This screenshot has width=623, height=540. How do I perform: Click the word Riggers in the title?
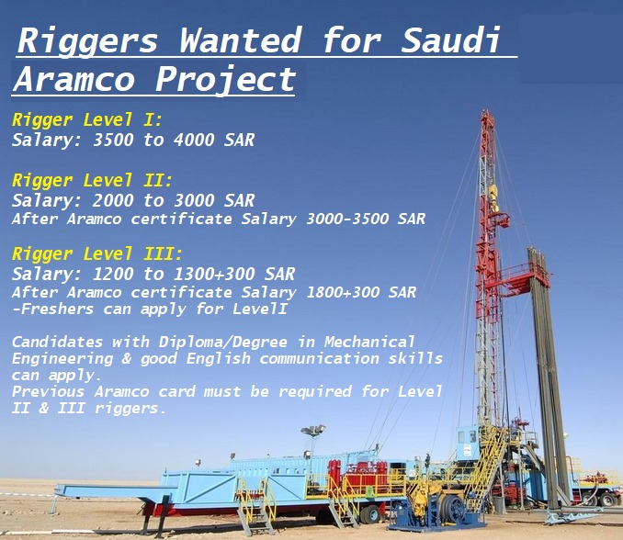coord(88,39)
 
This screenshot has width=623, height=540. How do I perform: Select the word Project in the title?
coord(225,79)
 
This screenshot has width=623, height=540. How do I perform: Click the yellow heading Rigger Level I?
coord(87,120)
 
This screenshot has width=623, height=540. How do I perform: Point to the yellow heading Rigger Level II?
coord(92,181)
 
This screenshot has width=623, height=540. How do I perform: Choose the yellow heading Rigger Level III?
coord(97,253)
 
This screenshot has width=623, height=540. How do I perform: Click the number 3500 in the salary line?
coord(113,140)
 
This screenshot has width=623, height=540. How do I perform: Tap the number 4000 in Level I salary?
coord(194,140)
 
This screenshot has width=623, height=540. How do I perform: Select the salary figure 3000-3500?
coord(347,219)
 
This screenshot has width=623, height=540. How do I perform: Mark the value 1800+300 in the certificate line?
coord(343,292)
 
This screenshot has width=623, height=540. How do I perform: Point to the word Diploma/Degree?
coord(222,343)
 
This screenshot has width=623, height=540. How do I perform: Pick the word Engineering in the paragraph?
coord(62,359)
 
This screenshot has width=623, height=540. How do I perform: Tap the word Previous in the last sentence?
coord(48,392)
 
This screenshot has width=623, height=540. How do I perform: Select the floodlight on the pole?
coord(313,430)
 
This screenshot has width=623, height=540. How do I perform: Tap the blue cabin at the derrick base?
coord(469,441)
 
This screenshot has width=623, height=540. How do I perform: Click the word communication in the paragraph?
coord(319,358)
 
